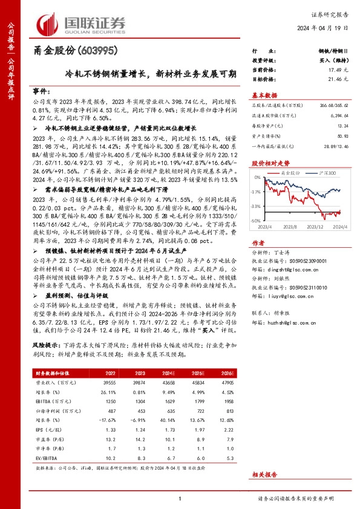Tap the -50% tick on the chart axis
tap(256, 221)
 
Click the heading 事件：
tap(42, 91)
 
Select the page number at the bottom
tap(180, 499)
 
